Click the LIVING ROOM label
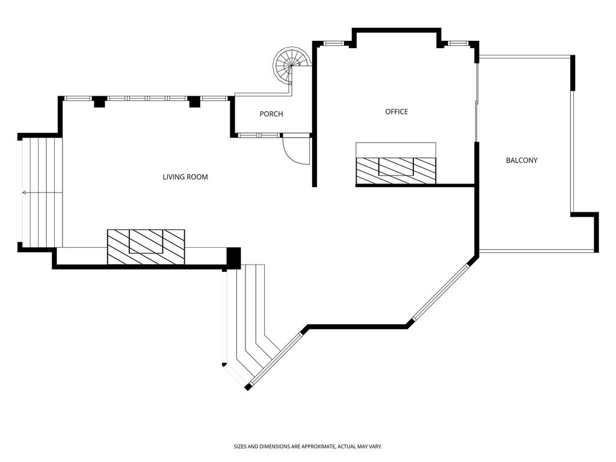(185, 177)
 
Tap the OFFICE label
(396, 112)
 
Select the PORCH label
(271, 114)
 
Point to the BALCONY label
(522, 160)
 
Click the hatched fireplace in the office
(396, 170)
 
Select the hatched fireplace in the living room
(146, 247)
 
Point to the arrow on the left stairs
(42, 192)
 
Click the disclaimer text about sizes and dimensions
(308, 446)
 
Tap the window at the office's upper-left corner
(334, 43)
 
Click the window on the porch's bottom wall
(259, 135)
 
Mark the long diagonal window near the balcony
(440, 292)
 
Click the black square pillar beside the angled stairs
(234, 258)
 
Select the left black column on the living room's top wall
(99, 101)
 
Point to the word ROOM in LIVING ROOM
(197, 177)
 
